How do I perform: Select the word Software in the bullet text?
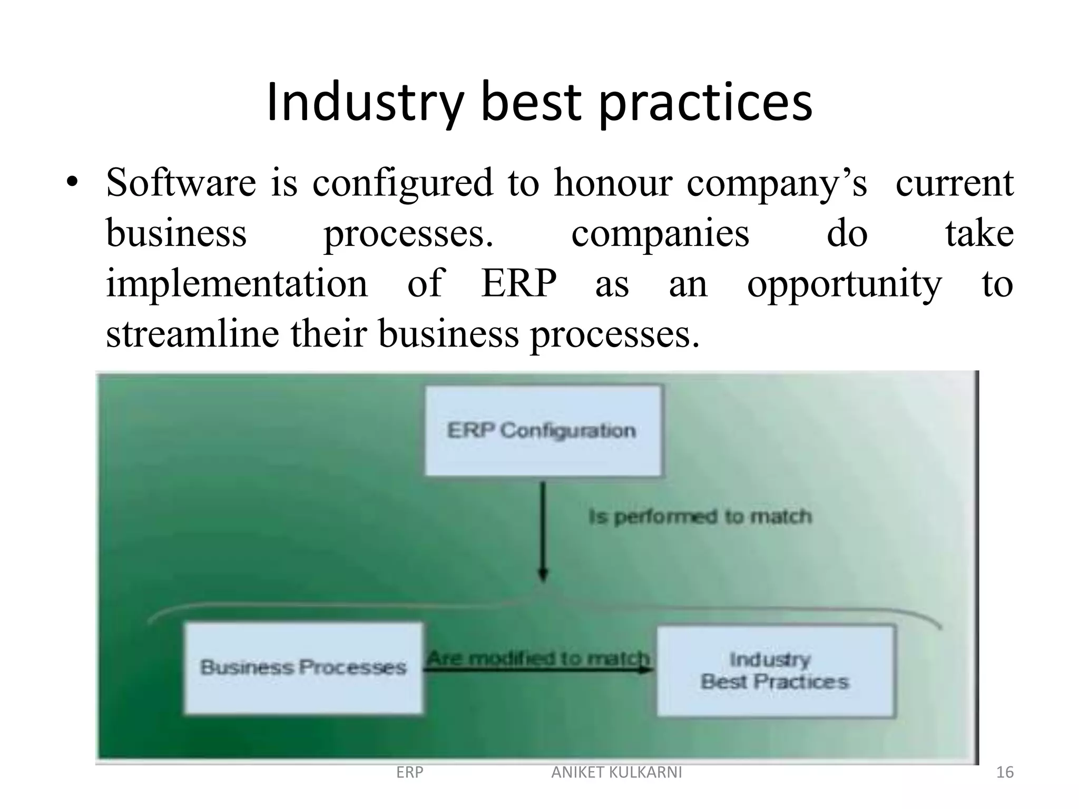[181, 183]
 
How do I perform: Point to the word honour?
[613, 183]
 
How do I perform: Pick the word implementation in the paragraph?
[237, 284]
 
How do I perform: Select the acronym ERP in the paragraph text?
[518, 284]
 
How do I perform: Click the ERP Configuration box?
[543, 431]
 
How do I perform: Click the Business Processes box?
[303, 668]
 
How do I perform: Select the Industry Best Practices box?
[775, 670]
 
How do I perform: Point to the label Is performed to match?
[700, 517]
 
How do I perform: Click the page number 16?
[1005, 773]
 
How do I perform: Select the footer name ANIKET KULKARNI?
[616, 773]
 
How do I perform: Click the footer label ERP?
[409, 773]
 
